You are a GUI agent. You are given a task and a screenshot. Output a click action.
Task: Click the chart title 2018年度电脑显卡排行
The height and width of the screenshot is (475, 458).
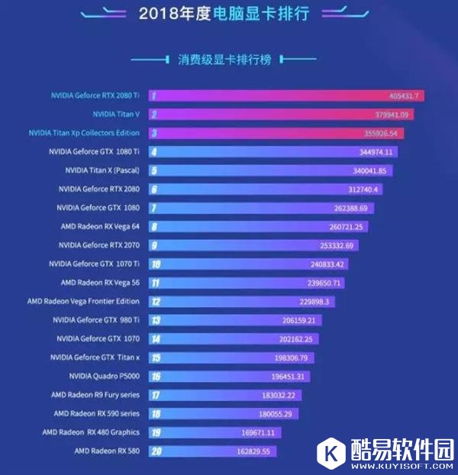(228, 13)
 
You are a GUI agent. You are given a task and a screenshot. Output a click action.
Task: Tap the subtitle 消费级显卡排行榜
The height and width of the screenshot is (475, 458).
(228, 59)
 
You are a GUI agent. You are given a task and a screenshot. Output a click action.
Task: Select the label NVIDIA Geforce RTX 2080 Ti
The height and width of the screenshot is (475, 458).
(95, 95)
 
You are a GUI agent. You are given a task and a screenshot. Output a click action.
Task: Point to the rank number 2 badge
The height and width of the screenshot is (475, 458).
(154, 115)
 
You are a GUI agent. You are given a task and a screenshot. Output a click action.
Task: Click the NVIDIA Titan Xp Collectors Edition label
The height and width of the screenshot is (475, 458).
(84, 133)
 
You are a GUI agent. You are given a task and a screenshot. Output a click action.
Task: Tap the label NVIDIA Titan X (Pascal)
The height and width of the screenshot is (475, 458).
(103, 170)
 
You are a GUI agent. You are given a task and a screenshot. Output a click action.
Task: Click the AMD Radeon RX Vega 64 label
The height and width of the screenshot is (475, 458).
(100, 226)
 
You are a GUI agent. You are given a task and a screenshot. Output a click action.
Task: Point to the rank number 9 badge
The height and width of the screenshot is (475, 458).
(155, 245)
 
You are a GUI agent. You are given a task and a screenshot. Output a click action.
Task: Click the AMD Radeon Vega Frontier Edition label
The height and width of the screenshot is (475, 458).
(84, 302)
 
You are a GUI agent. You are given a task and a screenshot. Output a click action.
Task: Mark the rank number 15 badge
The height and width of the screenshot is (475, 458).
(156, 357)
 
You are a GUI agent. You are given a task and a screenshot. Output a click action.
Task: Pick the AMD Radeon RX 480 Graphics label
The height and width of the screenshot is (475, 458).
(97, 432)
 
